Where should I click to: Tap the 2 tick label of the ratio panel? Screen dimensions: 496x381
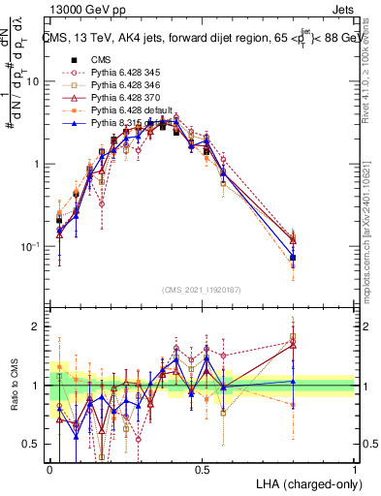[39, 326]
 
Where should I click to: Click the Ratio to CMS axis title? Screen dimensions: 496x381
[14, 387]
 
